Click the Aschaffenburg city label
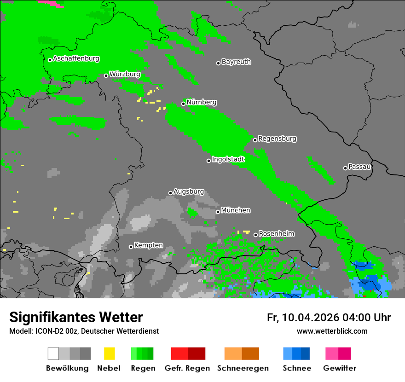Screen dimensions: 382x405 coord(76,58)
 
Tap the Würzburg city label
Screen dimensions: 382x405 coord(125,74)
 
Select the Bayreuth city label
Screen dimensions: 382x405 coord(236,62)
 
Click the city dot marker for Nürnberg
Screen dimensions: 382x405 coord(184,104)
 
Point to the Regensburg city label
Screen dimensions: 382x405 coord(277,139)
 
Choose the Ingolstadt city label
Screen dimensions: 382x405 coord(228,159)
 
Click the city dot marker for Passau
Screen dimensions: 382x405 coord(345,168)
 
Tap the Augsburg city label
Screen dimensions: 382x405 coord(189,191)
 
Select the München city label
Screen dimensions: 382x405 coord(236,210)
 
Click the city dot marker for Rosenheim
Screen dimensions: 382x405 coord(255,235)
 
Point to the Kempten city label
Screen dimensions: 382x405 coord(148,245)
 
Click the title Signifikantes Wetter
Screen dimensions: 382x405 coord(76,318)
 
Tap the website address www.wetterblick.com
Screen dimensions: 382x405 coord(332,331)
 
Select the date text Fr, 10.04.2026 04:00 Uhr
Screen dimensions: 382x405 coord(329,318)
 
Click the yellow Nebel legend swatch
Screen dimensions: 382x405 coord(109,353)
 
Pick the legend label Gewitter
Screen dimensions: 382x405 coord(340,368)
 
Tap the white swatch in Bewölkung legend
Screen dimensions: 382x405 coord(53,353)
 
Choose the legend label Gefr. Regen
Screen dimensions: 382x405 coord(187,368)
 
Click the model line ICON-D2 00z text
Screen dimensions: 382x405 coord(84,331)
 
